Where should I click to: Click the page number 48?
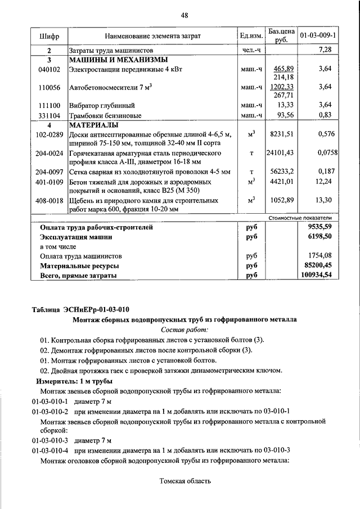184,15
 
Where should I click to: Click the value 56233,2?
282,172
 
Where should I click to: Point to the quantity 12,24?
323,181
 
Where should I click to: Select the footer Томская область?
185,481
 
